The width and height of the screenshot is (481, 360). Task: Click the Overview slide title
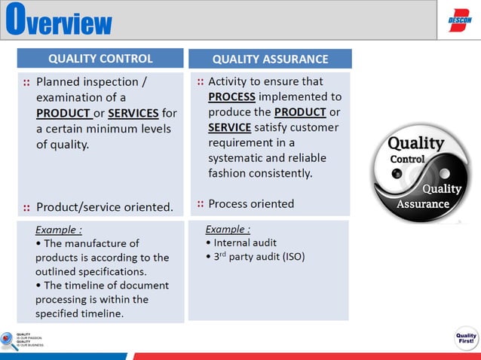tap(59, 20)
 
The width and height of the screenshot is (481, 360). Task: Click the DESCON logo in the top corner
tap(459, 20)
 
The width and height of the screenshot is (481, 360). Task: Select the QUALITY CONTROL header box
tap(100, 59)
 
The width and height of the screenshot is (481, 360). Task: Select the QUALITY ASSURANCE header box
tap(270, 59)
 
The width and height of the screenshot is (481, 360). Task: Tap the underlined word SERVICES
tap(133, 113)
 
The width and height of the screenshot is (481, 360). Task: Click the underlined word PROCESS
tap(231, 97)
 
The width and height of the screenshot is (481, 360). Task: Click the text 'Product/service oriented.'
tap(105, 206)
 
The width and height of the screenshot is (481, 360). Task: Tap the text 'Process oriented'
tap(251, 203)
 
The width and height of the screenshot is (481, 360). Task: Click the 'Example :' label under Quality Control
tap(59, 230)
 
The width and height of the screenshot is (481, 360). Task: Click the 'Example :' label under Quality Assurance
tap(228, 229)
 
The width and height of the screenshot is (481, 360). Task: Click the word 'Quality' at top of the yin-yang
tap(415, 143)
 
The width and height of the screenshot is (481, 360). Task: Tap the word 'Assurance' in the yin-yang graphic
tap(424, 204)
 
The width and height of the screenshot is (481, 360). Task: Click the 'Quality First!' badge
tap(465, 340)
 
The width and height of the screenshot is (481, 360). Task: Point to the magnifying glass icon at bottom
tap(8, 341)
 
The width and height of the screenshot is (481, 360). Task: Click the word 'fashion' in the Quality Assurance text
tap(228, 172)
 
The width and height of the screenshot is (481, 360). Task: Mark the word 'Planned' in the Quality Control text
tap(59, 81)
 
